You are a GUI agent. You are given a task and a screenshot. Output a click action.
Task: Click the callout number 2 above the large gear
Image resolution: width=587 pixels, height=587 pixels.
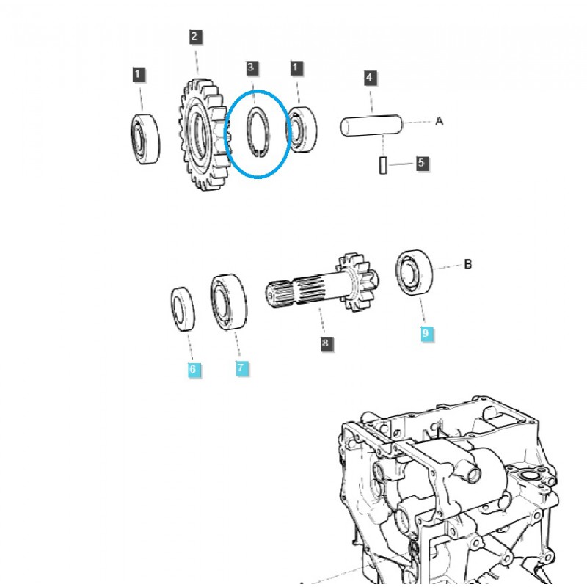[194, 37]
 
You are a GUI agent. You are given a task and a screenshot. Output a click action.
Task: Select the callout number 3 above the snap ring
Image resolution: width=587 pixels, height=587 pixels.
[251, 68]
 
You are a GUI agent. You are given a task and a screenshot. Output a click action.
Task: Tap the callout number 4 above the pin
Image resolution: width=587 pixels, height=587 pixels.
[370, 77]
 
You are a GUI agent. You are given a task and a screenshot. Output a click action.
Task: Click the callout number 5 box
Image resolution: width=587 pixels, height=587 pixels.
[421, 163]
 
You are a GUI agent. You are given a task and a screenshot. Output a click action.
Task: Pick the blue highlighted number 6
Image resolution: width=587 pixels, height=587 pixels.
[192, 369]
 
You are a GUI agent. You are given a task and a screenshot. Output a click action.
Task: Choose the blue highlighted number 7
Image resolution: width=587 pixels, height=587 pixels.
[242, 368]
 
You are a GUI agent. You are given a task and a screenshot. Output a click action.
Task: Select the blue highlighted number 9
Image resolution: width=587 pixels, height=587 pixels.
[426, 334]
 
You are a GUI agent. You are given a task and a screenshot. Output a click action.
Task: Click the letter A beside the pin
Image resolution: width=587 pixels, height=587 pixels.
[440, 122]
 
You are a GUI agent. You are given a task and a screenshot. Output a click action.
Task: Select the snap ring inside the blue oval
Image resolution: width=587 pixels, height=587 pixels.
[256, 132]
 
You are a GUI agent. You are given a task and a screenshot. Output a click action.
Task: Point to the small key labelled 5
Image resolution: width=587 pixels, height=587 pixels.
[383, 165]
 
